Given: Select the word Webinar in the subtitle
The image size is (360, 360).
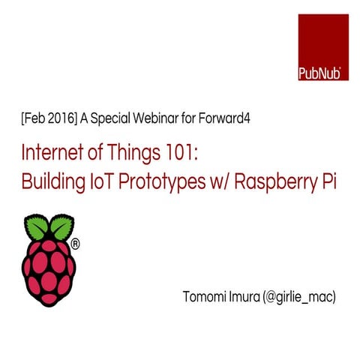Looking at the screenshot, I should click(x=152, y=119).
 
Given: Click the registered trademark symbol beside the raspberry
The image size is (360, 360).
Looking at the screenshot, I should click(x=75, y=244).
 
